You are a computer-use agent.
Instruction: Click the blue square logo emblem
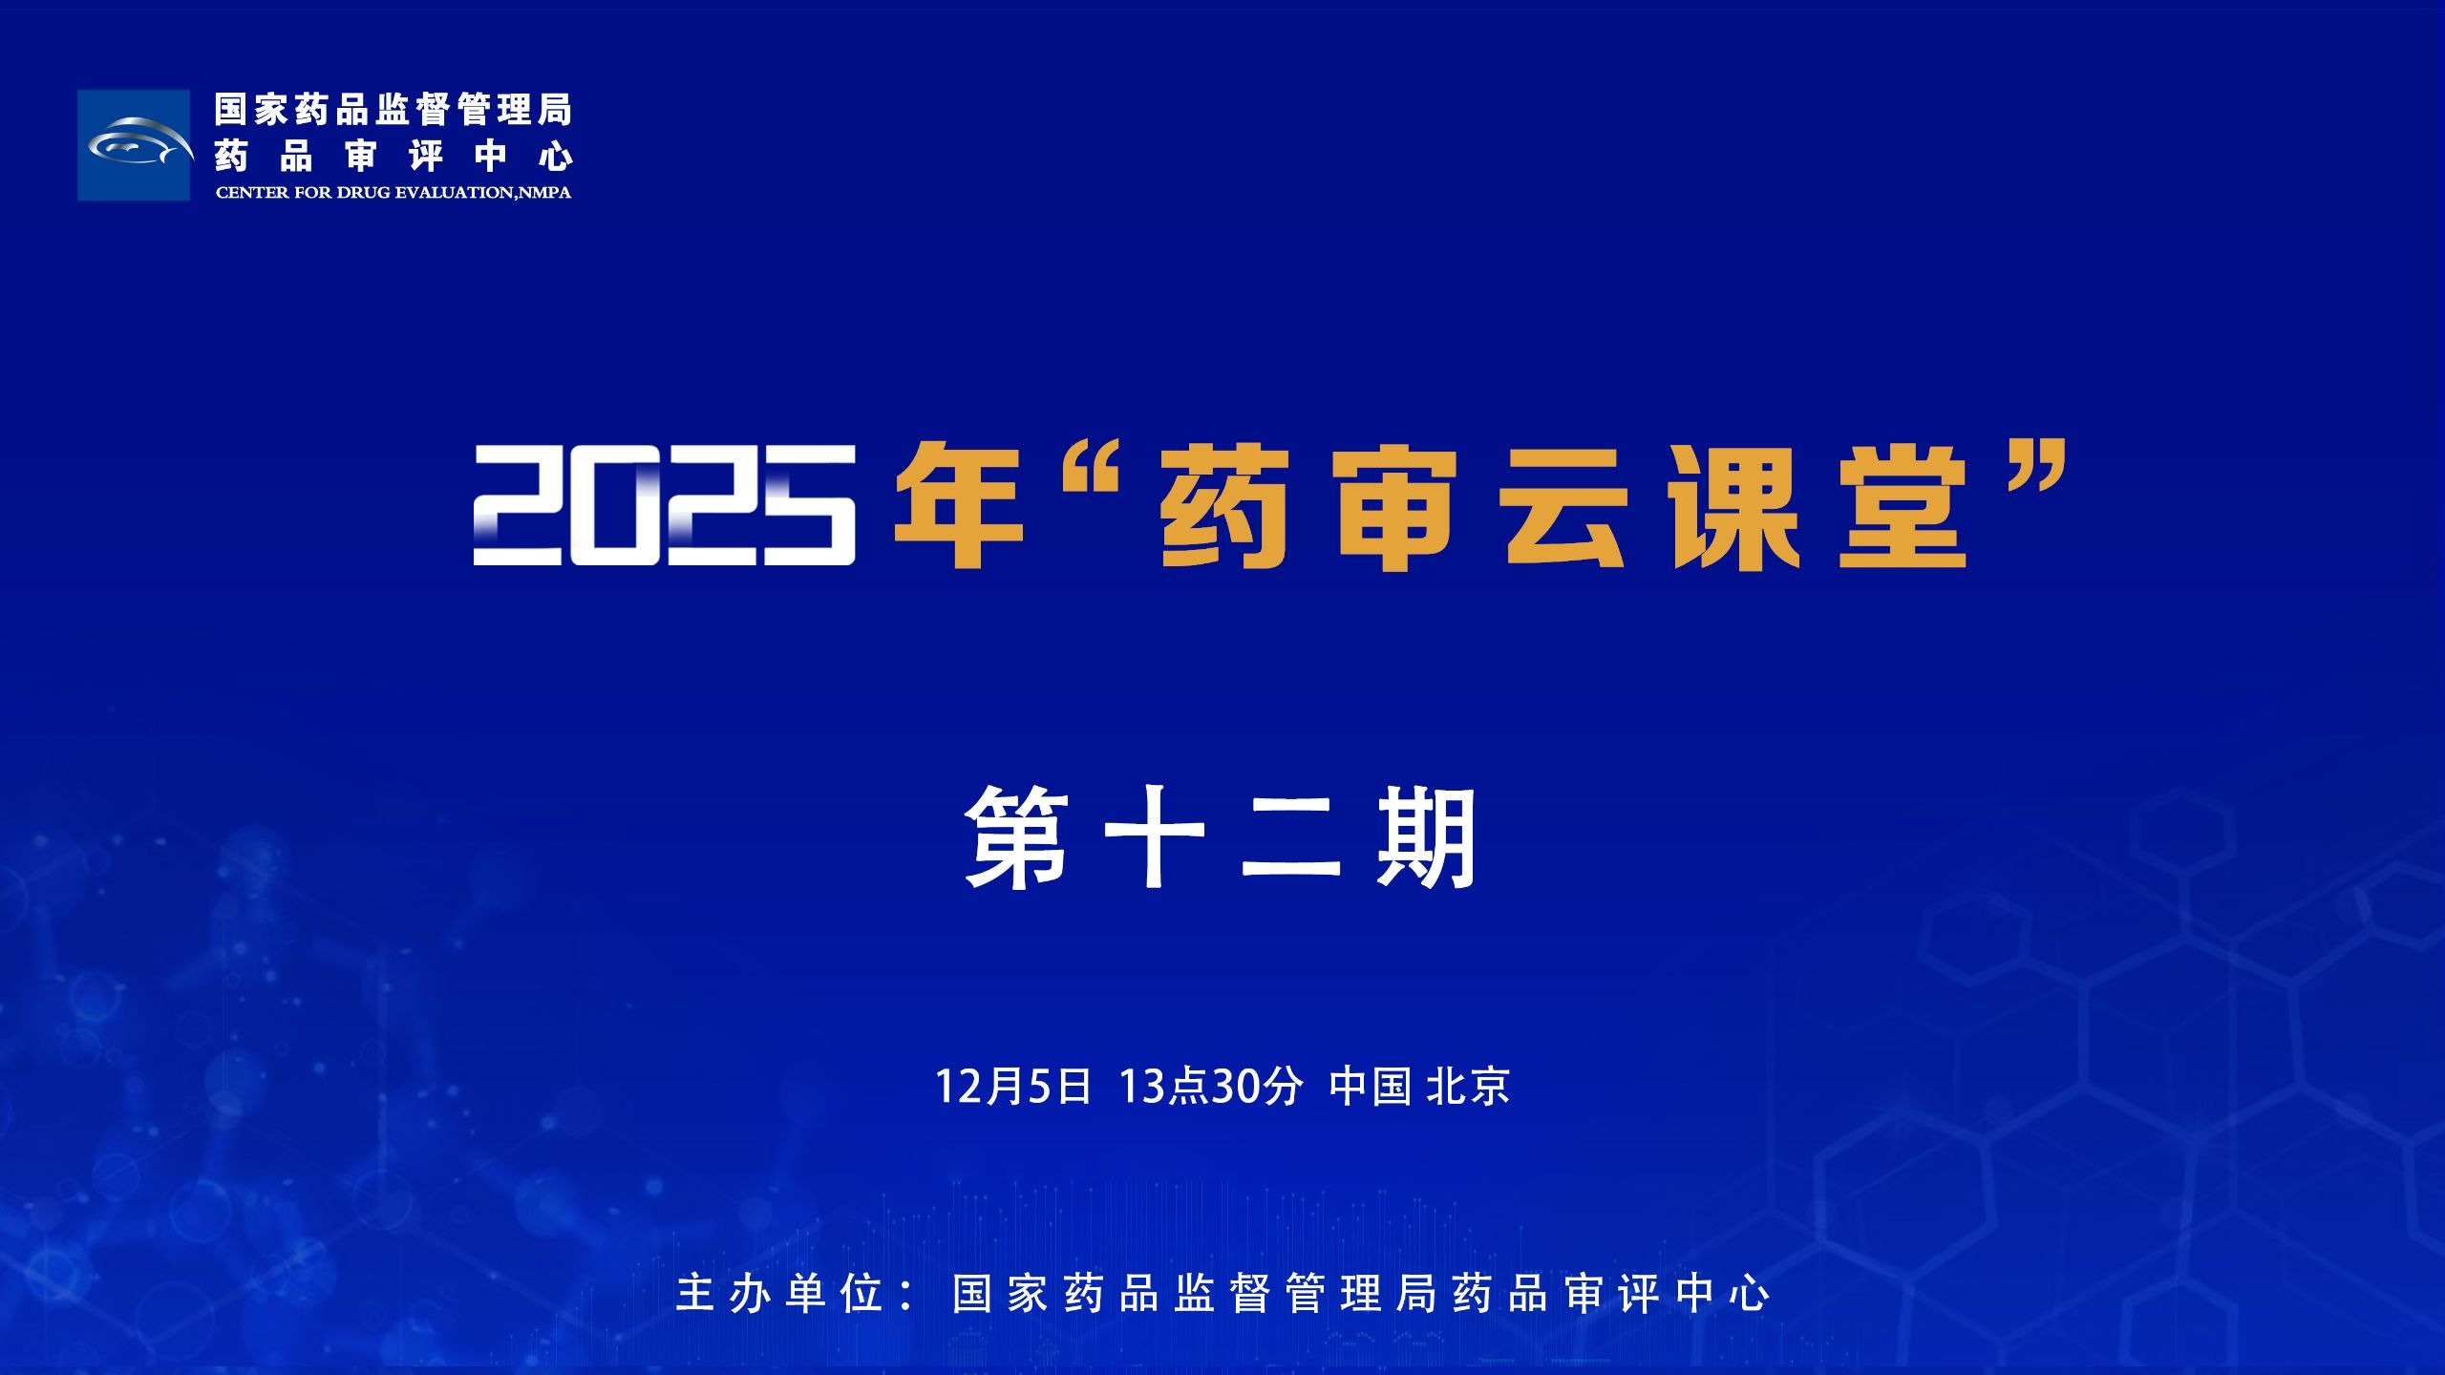click(134, 145)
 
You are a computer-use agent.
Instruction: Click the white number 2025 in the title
click(665, 505)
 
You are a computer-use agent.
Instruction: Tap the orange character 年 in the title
click(958, 505)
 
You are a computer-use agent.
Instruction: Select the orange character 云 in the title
click(1565, 507)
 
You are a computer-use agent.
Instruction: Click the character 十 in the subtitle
click(1155, 837)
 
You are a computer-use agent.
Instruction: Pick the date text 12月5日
click(1012, 1087)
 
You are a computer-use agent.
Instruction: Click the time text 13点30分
click(1211, 1087)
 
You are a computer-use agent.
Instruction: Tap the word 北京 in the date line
click(1468, 1087)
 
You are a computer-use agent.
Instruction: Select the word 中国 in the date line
click(1371, 1087)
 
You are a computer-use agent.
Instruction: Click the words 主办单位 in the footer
click(779, 1294)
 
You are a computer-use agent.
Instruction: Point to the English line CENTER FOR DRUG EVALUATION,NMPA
click(393, 193)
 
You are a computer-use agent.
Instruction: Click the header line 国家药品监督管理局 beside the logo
click(393, 110)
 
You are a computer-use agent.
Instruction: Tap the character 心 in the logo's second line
click(555, 157)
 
